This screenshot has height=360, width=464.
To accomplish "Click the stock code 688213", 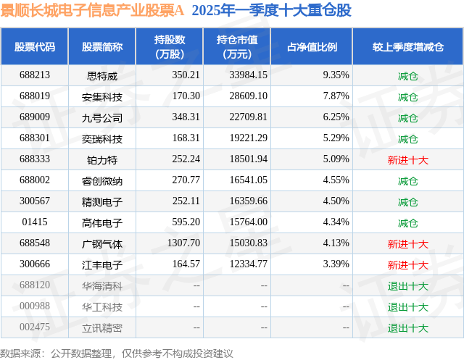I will (35, 75).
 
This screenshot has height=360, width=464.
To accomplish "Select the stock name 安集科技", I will (102, 96).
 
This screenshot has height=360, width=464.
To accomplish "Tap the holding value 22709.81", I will (247, 117).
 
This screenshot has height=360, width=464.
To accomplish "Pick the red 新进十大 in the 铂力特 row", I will (407, 159).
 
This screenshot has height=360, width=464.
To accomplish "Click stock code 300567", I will (35, 202).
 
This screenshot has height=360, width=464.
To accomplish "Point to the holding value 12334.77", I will (247, 265).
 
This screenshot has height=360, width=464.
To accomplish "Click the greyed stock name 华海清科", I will (102, 286).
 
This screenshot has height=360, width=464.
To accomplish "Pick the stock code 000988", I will (35, 307).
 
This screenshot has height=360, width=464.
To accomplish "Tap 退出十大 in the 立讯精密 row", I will (407, 328).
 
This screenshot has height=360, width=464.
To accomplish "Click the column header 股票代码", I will (35, 47).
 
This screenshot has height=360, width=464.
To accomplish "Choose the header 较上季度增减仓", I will (407, 47).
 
